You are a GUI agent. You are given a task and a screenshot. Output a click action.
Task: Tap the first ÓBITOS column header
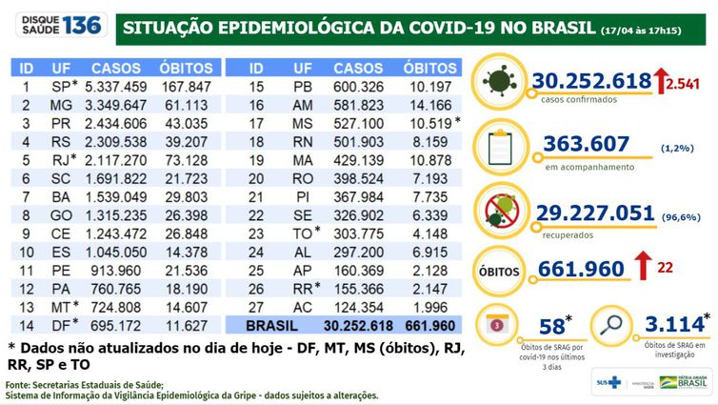[186, 70]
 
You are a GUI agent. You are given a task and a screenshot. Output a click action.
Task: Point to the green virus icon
[501, 82]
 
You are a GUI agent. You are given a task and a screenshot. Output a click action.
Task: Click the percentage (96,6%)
[680, 217]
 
